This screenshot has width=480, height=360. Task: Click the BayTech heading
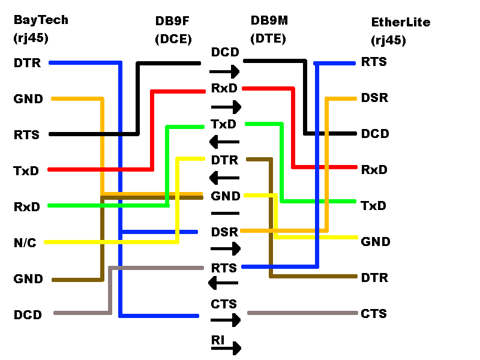[41, 20]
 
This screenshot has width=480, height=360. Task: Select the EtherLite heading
[400, 23]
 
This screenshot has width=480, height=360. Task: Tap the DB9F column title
[173, 22]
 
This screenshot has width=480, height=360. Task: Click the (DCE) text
[173, 40]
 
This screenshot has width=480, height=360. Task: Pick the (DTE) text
[268, 38]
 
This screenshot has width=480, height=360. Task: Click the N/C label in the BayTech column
[25, 242]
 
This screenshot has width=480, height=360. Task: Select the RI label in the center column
[218, 340]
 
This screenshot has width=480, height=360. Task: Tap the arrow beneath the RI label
[226, 348]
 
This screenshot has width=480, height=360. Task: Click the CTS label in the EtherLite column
[374, 314]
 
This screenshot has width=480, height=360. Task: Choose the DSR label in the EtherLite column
[374, 98]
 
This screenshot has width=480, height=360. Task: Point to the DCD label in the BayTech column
[28, 314]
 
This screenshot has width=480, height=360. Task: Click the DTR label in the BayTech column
[27, 62]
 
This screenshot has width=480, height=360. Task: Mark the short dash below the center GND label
[225, 213]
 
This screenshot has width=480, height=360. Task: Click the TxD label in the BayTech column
[26, 170]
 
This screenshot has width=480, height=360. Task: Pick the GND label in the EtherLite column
[376, 242]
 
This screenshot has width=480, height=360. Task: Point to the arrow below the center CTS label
[226, 320]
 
